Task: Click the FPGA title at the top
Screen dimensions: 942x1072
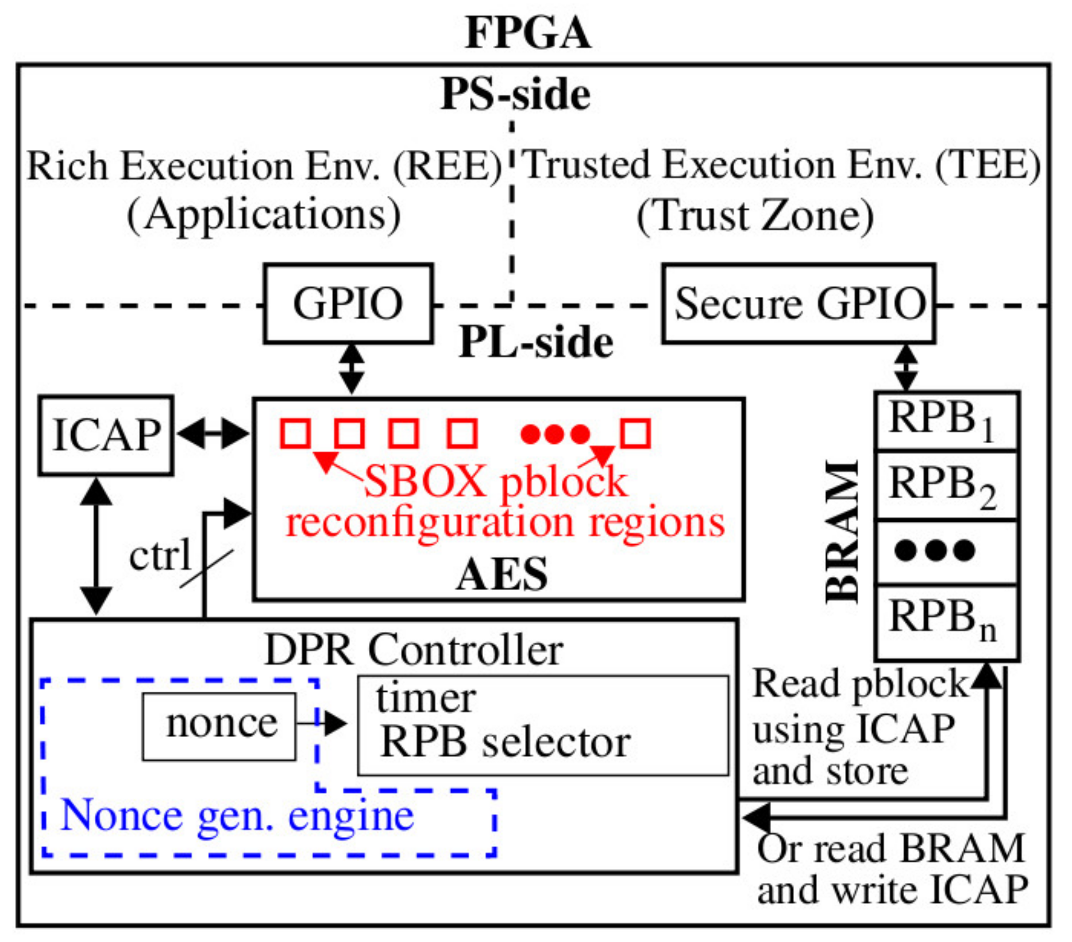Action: (x=527, y=33)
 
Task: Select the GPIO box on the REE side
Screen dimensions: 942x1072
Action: (x=348, y=304)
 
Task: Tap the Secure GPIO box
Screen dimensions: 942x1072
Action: (x=799, y=304)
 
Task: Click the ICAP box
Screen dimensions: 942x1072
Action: (x=106, y=435)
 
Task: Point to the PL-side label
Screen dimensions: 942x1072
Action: (x=536, y=343)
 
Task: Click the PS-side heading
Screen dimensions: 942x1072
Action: (x=515, y=94)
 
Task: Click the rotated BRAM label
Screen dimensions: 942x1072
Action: (x=843, y=532)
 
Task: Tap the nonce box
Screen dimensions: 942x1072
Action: (x=220, y=726)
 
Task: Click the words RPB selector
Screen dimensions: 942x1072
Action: (x=506, y=743)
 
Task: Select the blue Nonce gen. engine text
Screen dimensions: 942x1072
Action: (x=237, y=816)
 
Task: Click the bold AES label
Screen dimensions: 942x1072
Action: (x=502, y=575)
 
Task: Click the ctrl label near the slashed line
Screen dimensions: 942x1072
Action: (x=159, y=556)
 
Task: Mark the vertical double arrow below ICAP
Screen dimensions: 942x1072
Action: (x=96, y=546)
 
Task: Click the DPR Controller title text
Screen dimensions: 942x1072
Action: (x=414, y=650)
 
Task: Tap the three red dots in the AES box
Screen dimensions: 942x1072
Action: (x=555, y=435)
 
